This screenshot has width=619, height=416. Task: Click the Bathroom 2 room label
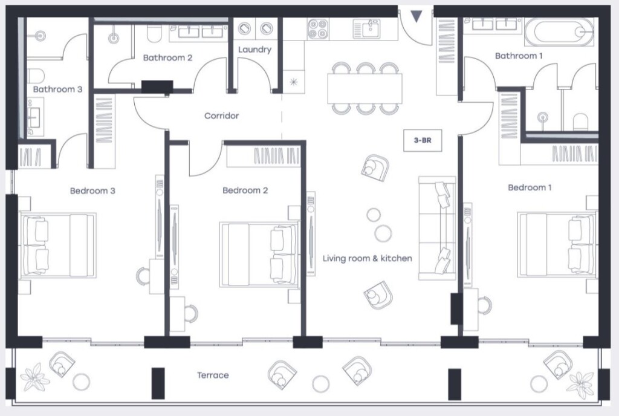click(x=167, y=57)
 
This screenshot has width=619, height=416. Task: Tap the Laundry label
click(x=254, y=50)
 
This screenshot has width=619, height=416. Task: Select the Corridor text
click(x=221, y=115)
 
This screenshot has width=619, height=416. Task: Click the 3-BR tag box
click(x=423, y=140)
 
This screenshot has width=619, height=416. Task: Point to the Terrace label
click(x=213, y=375)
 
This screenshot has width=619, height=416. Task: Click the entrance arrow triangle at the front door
click(x=416, y=16)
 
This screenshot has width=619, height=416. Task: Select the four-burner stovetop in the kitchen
click(x=318, y=29)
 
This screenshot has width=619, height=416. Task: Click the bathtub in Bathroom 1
click(x=559, y=32)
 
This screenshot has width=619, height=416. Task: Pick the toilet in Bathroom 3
click(x=36, y=75)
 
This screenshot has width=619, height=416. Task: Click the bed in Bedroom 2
click(x=259, y=255)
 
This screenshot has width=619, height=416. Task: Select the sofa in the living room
click(x=437, y=228)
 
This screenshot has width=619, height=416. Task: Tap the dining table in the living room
click(x=365, y=88)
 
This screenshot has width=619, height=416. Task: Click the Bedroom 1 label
click(x=530, y=187)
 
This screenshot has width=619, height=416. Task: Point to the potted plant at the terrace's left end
click(x=34, y=377)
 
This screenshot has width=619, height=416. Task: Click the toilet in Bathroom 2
click(x=154, y=33)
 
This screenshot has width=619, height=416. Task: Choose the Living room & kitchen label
click(x=367, y=259)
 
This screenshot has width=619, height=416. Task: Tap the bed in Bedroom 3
click(x=57, y=245)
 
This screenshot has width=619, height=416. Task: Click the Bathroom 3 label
click(x=57, y=89)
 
